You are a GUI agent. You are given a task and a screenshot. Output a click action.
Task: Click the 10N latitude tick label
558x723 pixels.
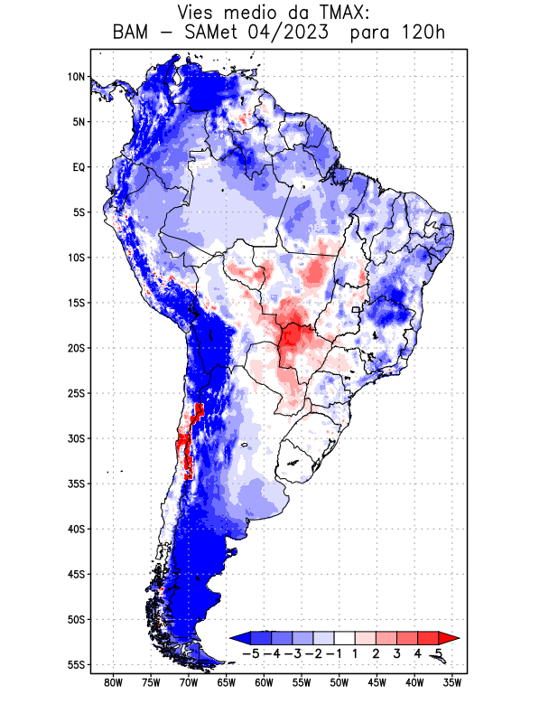76,77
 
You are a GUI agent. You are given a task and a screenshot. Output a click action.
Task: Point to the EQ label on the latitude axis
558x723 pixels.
79,167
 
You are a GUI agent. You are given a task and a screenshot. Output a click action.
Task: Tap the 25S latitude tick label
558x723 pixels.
76,393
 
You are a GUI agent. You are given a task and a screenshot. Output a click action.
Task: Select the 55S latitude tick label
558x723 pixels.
76,665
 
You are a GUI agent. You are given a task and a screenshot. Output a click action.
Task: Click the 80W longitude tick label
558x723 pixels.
113,683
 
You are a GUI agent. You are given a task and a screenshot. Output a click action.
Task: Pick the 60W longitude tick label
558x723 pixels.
264,683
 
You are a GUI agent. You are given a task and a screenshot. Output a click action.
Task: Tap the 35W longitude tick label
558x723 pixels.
453,683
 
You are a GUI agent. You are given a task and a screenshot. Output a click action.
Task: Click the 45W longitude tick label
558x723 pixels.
377,683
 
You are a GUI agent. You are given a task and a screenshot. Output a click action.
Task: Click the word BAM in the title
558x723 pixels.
133,33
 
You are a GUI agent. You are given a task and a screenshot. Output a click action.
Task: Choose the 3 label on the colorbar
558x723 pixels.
396,653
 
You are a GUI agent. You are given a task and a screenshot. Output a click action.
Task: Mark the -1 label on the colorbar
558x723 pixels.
334,653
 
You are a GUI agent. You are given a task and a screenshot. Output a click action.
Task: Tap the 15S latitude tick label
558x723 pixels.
76,303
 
